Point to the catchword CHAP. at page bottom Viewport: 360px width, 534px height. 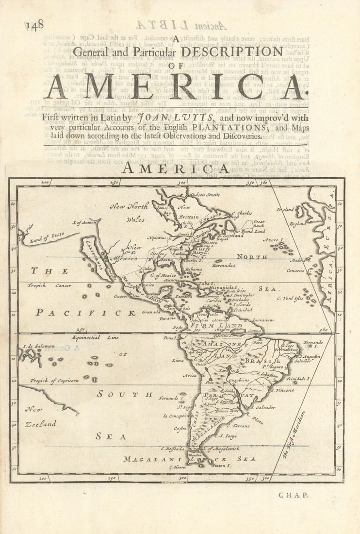point(294,495)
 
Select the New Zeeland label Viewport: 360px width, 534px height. point(41,417)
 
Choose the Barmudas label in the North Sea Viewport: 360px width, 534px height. point(224,266)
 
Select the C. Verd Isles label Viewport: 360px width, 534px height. point(290,298)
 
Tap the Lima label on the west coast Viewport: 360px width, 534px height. point(178,360)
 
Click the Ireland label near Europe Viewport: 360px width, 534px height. point(286,210)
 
